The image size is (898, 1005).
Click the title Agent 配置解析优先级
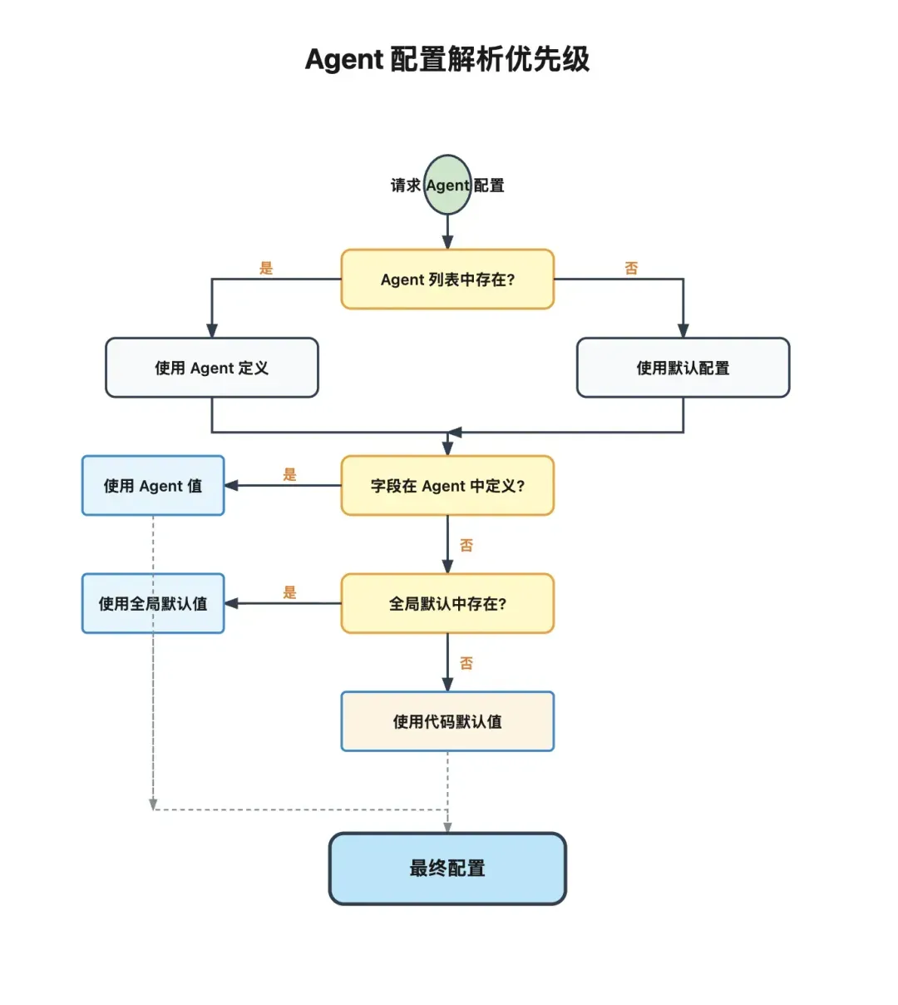click(x=447, y=60)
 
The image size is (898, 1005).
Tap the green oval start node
click(x=447, y=185)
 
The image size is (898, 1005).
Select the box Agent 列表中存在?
click(x=447, y=280)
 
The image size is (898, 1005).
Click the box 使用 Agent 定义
click(x=212, y=368)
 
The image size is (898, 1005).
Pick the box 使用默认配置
click(x=683, y=368)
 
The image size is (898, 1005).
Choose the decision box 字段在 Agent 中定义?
click(x=447, y=486)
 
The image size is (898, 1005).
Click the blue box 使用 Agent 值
click(x=153, y=486)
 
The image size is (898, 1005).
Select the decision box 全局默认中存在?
click(x=447, y=604)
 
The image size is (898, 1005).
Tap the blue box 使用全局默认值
click(x=153, y=604)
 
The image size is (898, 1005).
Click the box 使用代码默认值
click(x=447, y=721)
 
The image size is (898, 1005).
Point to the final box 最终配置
click(x=447, y=869)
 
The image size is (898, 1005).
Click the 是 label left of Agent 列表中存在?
click(x=266, y=268)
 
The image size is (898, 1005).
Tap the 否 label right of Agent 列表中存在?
click(x=631, y=268)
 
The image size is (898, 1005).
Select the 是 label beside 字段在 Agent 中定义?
click(x=289, y=474)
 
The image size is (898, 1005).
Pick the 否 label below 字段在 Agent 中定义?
click(x=466, y=545)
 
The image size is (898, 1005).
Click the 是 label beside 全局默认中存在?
click(x=289, y=592)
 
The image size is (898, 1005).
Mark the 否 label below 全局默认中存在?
click(x=466, y=663)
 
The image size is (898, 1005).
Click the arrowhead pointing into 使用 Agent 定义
click(x=212, y=331)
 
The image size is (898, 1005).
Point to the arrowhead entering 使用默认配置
click(x=683, y=331)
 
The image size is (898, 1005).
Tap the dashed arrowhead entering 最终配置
click(x=447, y=828)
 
